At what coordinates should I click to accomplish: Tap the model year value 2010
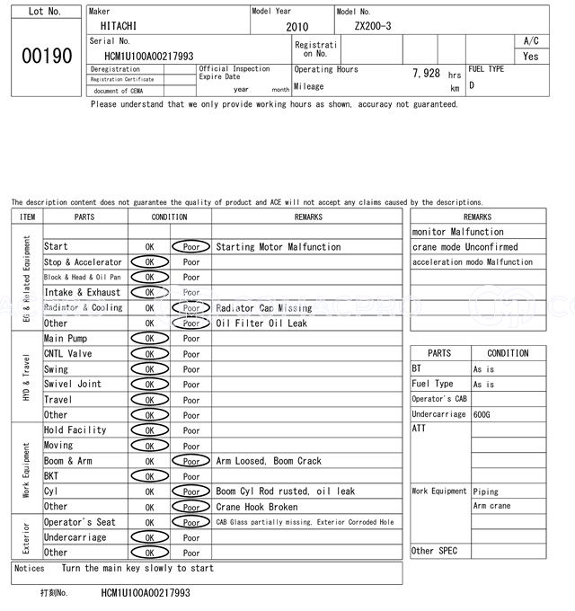tap(296, 27)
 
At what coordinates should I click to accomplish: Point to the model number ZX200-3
tap(373, 27)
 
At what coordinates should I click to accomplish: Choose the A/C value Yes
tap(531, 56)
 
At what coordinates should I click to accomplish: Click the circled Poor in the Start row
tap(190, 246)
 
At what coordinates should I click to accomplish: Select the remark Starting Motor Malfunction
tap(279, 246)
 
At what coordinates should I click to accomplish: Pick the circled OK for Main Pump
tap(149, 339)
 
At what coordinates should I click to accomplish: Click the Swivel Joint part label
tap(73, 385)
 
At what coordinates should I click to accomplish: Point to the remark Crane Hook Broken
tap(257, 507)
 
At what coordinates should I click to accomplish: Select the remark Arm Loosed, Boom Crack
tap(269, 461)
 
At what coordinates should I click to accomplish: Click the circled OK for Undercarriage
tap(149, 537)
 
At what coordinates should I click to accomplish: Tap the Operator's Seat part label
tap(80, 522)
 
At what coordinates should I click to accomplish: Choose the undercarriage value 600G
tap(482, 414)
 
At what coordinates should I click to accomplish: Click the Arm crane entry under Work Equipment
tap(492, 507)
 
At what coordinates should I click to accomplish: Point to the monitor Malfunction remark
tap(458, 232)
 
